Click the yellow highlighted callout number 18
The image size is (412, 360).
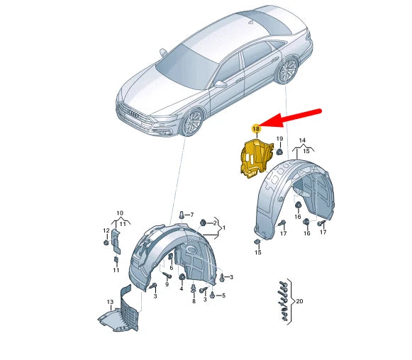coord(256,129)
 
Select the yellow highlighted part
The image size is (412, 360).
coord(257,159)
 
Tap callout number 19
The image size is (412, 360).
coord(279,139)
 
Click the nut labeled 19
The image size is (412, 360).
coord(279,152)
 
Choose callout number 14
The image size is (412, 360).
coord(302,140)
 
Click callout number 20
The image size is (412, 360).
coord(299,301)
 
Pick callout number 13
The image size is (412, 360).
coord(110,302)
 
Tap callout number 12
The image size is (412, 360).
coord(106,230)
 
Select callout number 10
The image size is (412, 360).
coord(120,213)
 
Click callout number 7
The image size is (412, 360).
coord(191,215)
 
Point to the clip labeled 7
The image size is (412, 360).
coord(182,215)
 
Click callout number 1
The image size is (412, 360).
coord(224,227)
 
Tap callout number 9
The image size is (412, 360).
coord(167,284)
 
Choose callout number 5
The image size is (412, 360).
coord(223,296)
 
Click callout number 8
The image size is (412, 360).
coord(194,301)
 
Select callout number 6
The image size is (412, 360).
coord(172,268)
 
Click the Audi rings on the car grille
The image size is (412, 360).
coord(133,114)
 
